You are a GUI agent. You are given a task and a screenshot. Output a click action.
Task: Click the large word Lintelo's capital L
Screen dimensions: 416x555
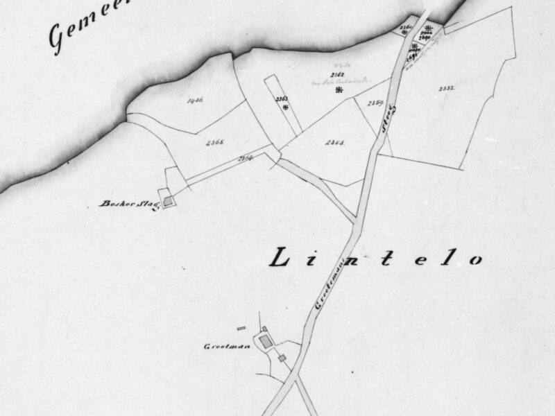[x=279, y=258]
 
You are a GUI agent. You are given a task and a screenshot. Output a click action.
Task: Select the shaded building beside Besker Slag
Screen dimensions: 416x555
[x=167, y=201]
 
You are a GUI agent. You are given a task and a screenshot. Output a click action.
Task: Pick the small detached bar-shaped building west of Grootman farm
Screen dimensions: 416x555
[x=241, y=328]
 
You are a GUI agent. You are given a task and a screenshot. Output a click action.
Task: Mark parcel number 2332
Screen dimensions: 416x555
[x=446, y=89]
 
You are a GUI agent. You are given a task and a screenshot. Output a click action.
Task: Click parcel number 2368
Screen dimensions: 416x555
[x=335, y=142]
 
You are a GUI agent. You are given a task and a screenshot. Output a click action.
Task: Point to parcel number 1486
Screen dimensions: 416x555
[x=195, y=101]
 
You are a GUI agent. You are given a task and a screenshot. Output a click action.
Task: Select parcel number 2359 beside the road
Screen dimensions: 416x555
[x=376, y=103]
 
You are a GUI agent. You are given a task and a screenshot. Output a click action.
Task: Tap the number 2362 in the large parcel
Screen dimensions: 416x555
[x=338, y=74]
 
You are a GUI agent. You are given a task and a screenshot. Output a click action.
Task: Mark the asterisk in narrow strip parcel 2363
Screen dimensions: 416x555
[x=284, y=108]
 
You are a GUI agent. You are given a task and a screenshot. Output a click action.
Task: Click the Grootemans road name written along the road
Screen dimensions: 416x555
[x=324, y=284]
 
